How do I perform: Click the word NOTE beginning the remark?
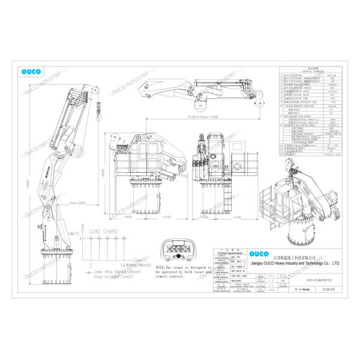(160, 267)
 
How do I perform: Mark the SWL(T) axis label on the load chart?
(74, 233)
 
